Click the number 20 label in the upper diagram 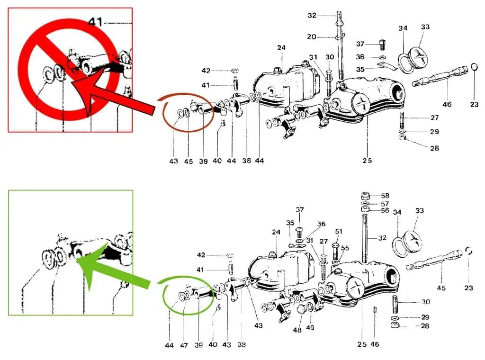pyautogui.click(x=312, y=37)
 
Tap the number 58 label pyautogui.click(x=385, y=196)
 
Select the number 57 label pyautogui.click(x=385, y=204)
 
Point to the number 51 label pyautogui.click(x=339, y=231)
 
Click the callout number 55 pyautogui.click(x=345, y=248)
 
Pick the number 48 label pyautogui.click(x=297, y=330)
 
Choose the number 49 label pyautogui.click(x=310, y=327)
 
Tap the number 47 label pyautogui.click(x=184, y=345)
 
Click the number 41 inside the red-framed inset pyautogui.click(x=95, y=22)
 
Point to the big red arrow pyautogui.click(x=113, y=94)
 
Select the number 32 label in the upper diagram pyautogui.click(x=312, y=15)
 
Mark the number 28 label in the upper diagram pyautogui.click(x=435, y=148)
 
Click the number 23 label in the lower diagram pyautogui.click(x=469, y=288)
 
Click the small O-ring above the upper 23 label pyautogui.click(x=474, y=67)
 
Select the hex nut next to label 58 pyautogui.click(x=366, y=196)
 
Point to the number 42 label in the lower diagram pyautogui.click(x=201, y=255)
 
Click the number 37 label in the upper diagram pyautogui.click(x=360, y=44)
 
